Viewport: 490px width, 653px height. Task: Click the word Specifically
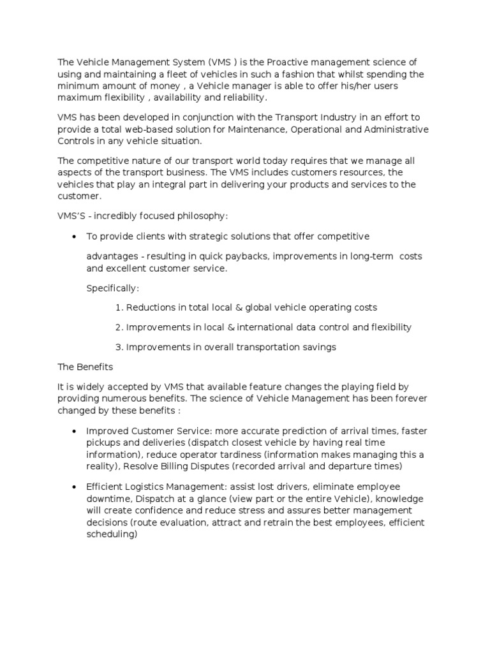pyautogui.click(x=112, y=288)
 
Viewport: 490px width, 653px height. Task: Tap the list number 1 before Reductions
pyautogui.click(x=119, y=307)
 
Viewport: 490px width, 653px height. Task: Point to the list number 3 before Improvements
pyautogui.click(x=119, y=347)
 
